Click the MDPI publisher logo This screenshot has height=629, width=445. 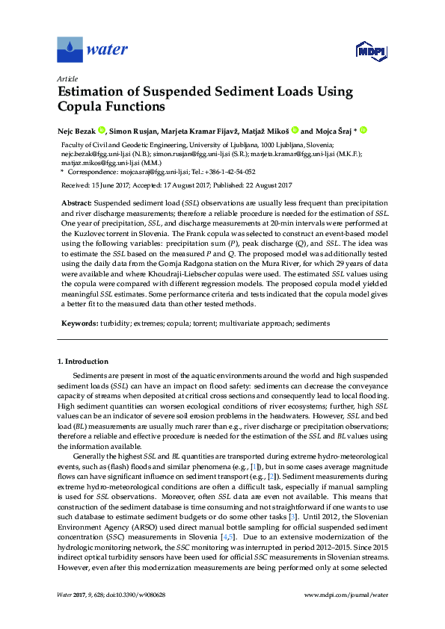tap(370, 51)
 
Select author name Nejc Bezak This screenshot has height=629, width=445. tap(77, 130)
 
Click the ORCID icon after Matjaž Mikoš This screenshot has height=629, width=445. tap(295, 130)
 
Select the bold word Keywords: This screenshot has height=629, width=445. tap(78, 323)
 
